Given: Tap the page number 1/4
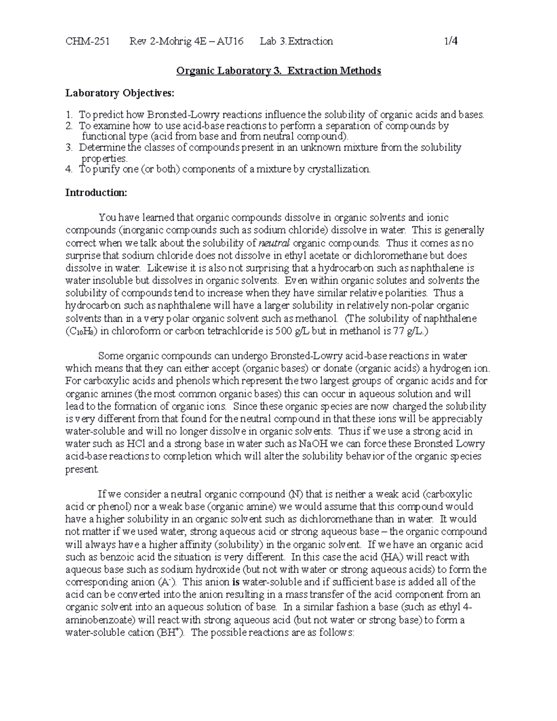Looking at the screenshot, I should (x=451, y=41).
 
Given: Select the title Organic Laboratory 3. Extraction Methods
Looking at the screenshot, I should (x=278, y=71).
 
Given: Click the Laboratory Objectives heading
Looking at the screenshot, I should (x=120, y=93).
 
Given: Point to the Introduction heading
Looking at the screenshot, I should (x=96, y=193).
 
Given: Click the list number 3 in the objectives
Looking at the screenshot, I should (x=68, y=148).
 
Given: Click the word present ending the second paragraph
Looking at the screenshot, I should (x=82, y=469).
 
